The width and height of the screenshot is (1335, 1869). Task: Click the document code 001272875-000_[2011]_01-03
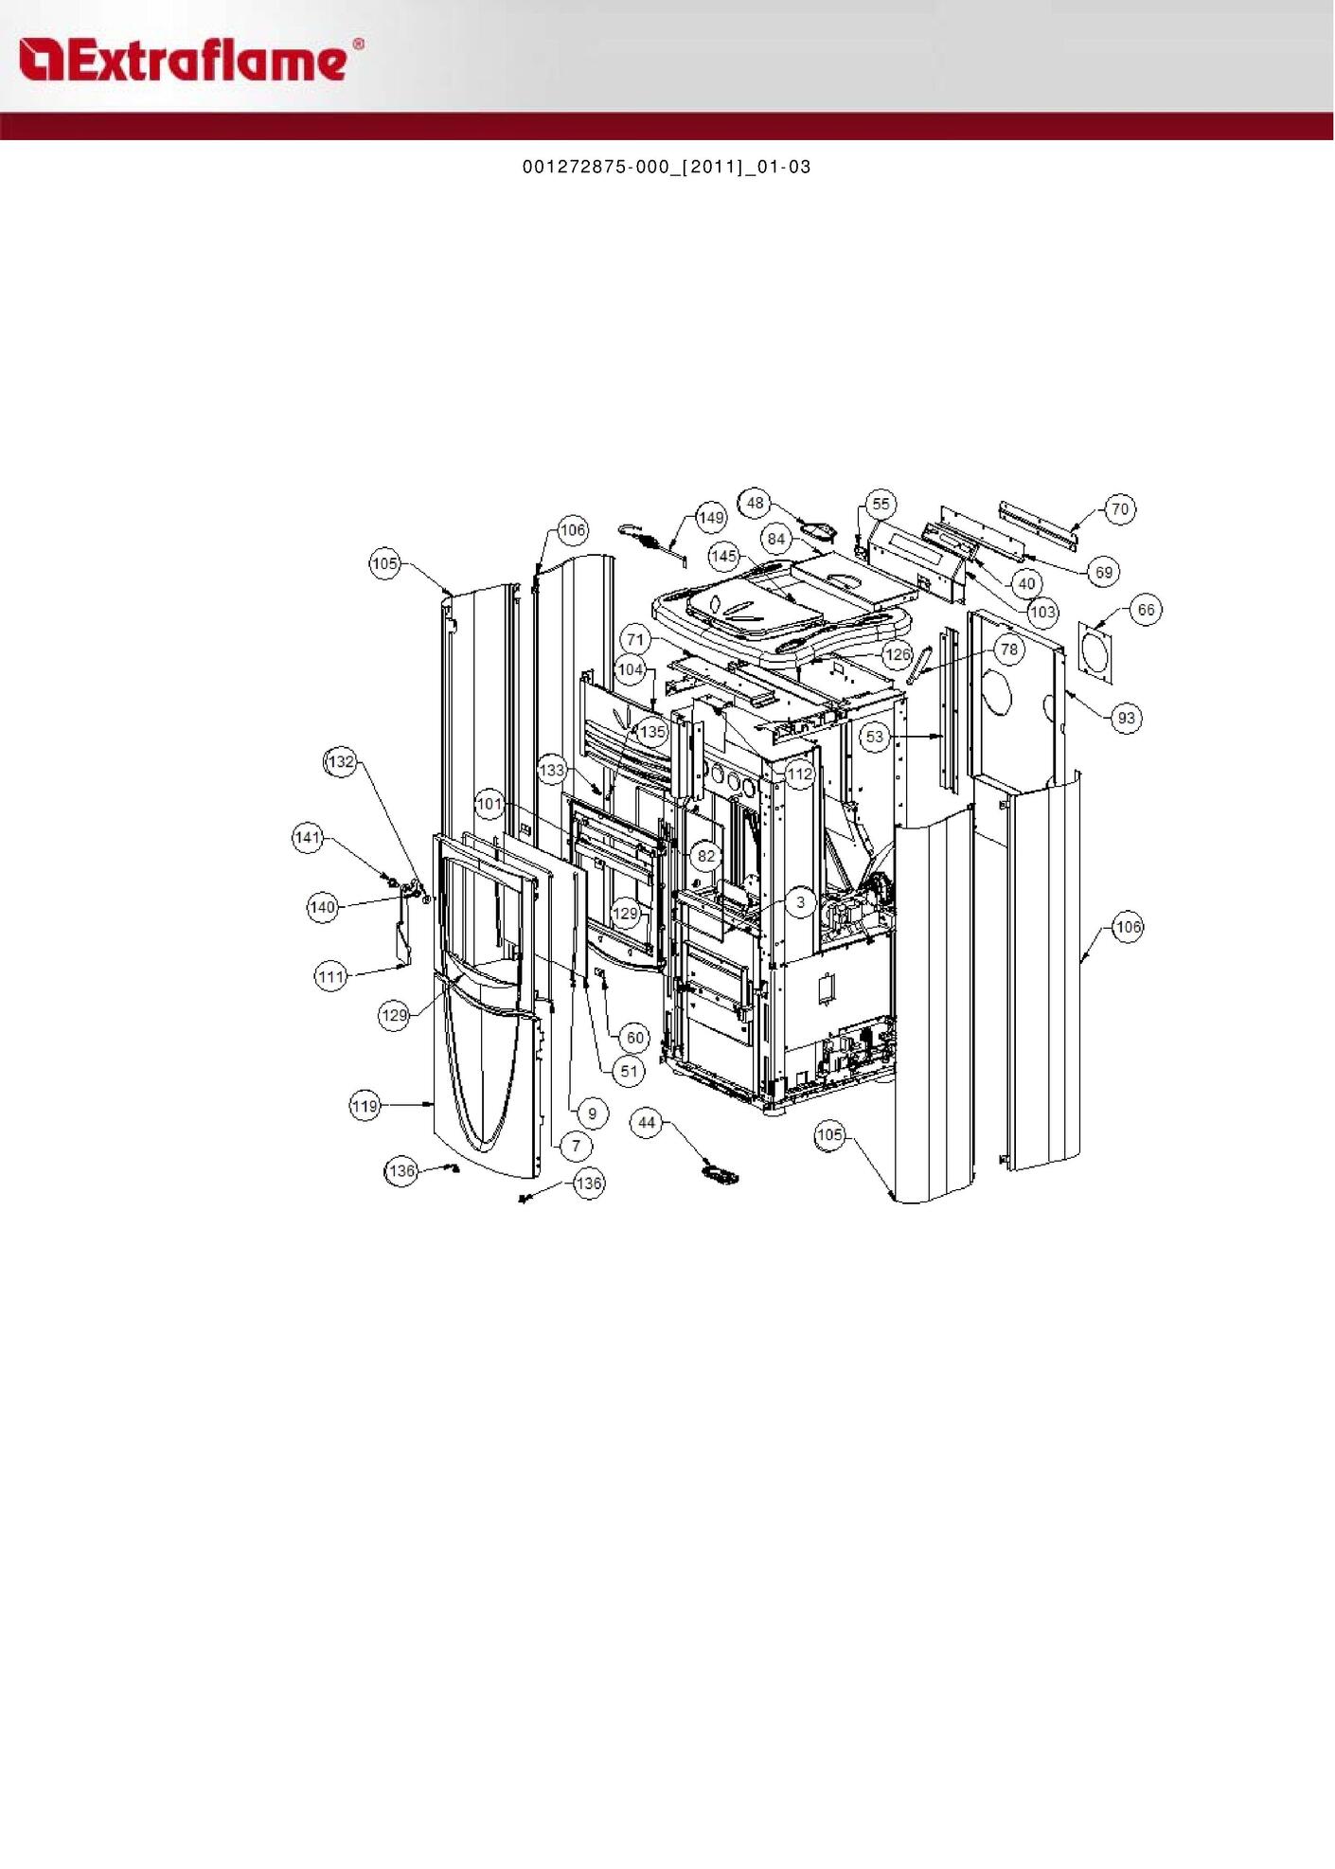coord(667,167)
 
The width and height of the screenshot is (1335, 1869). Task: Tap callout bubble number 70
coord(1120,509)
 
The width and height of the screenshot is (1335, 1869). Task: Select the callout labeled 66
coord(1146,610)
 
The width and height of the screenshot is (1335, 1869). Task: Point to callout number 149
coord(711,518)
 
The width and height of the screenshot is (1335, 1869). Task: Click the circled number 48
coord(755,503)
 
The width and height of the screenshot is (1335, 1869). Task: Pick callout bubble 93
coord(1126,718)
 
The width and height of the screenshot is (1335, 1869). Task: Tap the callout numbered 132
coord(341,761)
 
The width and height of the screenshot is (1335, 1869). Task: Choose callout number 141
coord(308,837)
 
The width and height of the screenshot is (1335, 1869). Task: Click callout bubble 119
coord(365,1105)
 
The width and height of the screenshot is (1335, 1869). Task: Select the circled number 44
coord(647,1123)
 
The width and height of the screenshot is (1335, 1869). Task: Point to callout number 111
coord(330,976)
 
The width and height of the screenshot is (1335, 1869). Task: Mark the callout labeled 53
coord(875,737)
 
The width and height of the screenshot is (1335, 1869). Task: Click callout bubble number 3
coord(801,902)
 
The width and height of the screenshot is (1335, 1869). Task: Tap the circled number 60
coord(635,1038)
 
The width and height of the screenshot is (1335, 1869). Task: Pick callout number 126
coord(897,654)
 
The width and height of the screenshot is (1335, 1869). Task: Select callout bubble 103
coord(1042,612)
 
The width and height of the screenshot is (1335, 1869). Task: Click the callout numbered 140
coord(323,907)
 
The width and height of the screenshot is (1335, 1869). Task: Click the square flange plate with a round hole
coord(1095,653)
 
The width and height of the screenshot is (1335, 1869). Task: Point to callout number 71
coord(635,640)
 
